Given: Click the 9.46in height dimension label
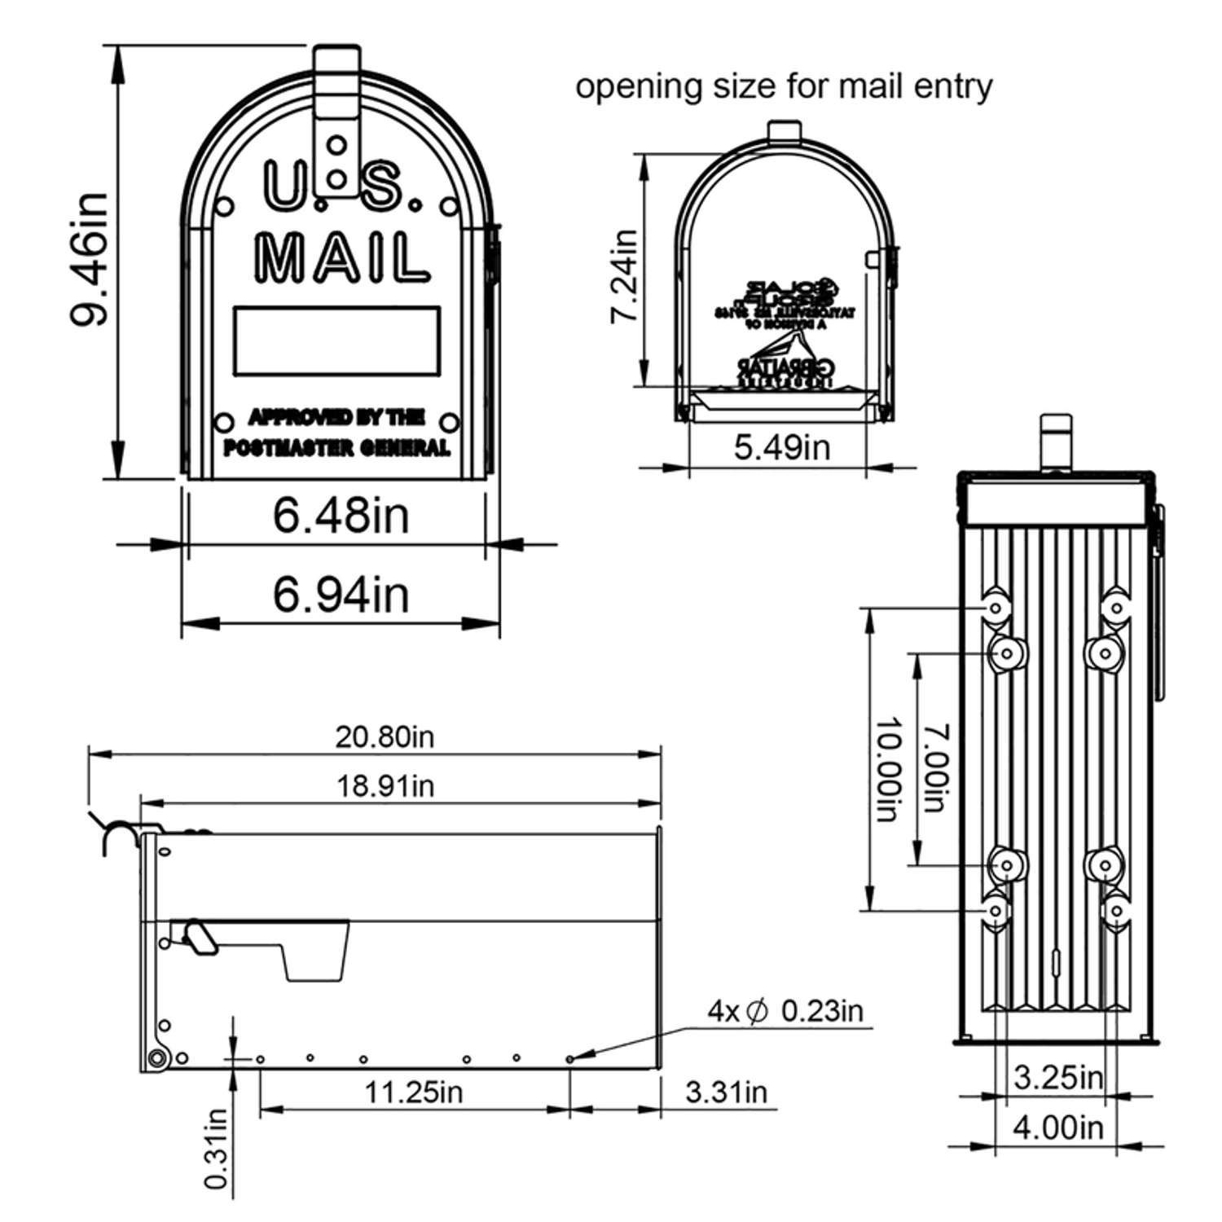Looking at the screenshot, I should pos(88,259).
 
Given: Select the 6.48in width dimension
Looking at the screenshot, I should pos(341,516).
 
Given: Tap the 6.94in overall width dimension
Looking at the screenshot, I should pos(341,594).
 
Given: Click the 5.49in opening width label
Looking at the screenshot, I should pos(781,447).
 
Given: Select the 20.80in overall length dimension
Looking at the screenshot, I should pos(385,737).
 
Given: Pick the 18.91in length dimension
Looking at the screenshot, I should pos(385,786).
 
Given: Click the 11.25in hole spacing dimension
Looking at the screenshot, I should pos(413,1092).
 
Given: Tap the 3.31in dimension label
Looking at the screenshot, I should pos(726,1092).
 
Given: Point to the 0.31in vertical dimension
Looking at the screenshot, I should pos(216,1149).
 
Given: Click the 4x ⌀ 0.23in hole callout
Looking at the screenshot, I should pos(785,1011).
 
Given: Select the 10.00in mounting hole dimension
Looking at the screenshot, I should pos(889,770).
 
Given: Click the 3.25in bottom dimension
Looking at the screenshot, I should pos(1057,1078).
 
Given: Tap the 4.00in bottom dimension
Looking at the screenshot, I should pos(1057,1128).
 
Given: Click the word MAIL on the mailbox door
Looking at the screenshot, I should pos(342,259).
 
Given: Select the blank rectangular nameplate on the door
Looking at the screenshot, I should pos(336,341).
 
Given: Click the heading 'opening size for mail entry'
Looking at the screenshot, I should pos(784,86).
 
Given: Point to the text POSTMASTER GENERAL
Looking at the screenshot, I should pos(336,448).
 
